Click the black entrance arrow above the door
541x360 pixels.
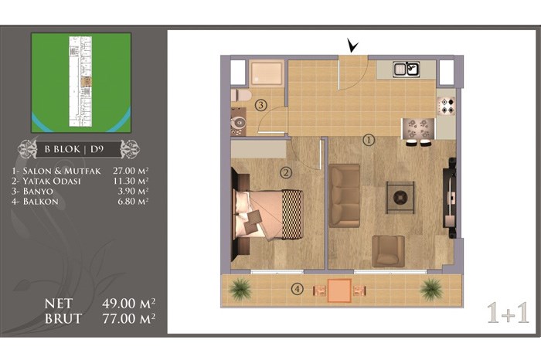[352, 46]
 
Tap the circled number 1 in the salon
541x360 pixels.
[369, 141]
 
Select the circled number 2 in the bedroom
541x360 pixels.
[286, 173]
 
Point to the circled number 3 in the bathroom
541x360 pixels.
[261, 105]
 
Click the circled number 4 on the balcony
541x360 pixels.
[298, 289]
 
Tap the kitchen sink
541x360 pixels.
[407, 69]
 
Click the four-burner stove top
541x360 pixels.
[447, 106]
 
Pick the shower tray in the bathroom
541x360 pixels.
[267, 73]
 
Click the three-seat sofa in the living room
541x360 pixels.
[345, 195]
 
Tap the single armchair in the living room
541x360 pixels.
[388, 251]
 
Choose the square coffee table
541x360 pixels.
[400, 198]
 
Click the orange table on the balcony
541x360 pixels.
[339, 290]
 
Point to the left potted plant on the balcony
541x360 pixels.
[240, 288]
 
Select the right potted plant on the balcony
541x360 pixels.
[431, 288]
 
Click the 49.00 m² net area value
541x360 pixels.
[128, 304]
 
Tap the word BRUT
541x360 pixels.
[63, 318]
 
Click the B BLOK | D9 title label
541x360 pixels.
[74, 149]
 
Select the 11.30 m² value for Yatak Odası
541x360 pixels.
[131, 181]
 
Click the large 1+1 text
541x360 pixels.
[508, 313]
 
